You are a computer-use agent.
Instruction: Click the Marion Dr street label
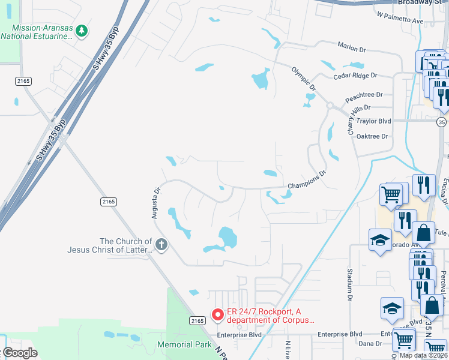pos(352,48)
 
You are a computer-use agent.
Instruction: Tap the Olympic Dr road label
pos(303,79)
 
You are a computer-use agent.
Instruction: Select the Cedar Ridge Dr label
pos(356,76)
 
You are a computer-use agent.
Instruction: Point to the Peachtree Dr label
pos(364,95)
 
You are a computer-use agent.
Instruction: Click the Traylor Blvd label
pos(373,121)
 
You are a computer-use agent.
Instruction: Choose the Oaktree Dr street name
pos(372,136)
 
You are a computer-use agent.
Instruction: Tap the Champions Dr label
pos(306,179)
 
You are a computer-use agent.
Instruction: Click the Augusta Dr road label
pos(157,204)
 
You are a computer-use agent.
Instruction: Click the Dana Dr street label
pos(370,343)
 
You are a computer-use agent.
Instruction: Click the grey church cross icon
pos(161,244)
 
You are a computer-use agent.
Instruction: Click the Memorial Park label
pos(184,344)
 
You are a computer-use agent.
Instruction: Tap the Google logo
pos(20,353)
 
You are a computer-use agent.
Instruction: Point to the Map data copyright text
pos(423,355)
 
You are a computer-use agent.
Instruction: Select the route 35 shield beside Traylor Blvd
pos(442,121)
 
